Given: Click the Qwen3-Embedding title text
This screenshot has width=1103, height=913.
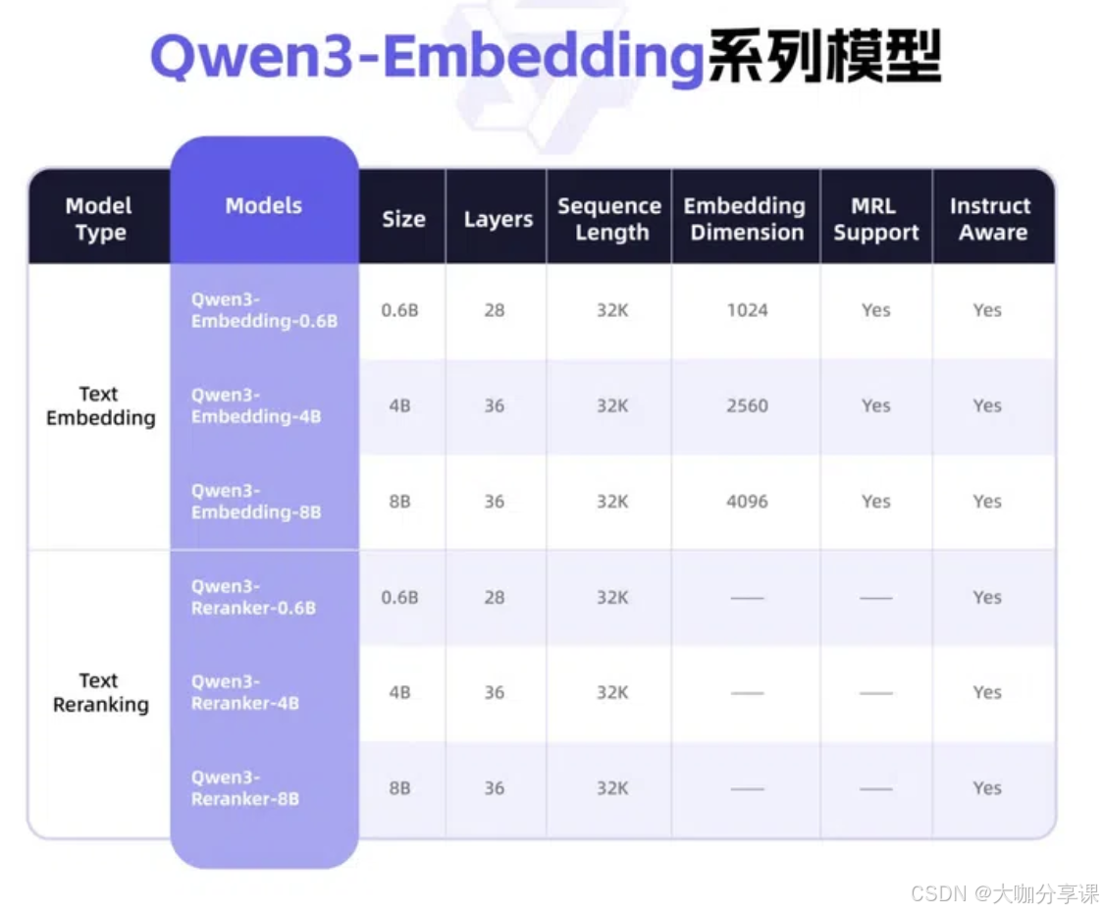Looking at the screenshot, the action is click(428, 58).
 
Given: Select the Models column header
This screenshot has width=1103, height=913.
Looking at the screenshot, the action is click(263, 206).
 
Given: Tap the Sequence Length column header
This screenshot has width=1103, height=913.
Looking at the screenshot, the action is click(609, 219).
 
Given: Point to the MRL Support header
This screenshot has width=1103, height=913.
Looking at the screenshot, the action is click(875, 219).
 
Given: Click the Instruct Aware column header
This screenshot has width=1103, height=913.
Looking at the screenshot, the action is click(991, 219).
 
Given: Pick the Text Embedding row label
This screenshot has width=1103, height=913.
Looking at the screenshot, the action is click(100, 405).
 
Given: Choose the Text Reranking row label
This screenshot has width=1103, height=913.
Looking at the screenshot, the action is click(100, 692).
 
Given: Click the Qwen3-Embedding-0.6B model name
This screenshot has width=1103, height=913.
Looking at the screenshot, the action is click(263, 310).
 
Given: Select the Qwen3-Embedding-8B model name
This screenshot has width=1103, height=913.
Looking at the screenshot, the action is click(255, 502).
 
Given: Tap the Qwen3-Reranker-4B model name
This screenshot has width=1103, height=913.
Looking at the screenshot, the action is click(244, 693).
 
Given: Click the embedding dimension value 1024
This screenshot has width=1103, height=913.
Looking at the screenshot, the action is click(747, 310).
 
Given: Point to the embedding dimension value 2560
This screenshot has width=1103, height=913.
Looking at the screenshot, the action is click(747, 405).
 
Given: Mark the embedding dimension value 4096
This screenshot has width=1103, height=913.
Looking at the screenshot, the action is click(747, 502).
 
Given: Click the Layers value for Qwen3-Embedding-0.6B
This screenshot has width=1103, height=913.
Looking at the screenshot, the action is click(495, 310).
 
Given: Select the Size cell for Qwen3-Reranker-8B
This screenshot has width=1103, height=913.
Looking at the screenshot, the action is click(399, 788).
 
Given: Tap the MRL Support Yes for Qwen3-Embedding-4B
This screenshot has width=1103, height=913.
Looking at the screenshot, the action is click(875, 405).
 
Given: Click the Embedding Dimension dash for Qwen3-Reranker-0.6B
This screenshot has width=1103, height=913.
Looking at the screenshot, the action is click(747, 598).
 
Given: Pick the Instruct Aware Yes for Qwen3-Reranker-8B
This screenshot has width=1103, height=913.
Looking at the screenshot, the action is click(987, 788).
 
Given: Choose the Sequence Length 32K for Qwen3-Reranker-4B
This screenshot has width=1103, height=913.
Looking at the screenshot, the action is click(611, 693).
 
